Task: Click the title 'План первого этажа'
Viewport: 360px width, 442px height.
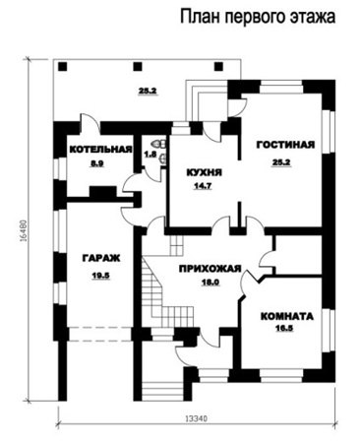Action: click(258, 17)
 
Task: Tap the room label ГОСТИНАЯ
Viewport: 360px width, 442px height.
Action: click(285, 145)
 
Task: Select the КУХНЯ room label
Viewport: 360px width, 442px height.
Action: click(204, 172)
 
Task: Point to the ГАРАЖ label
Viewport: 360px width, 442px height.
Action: click(101, 258)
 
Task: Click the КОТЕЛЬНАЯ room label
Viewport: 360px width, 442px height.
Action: click(101, 150)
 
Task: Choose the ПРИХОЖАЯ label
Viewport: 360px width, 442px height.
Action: click(210, 269)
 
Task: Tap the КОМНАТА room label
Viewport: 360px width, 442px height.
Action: click(287, 317)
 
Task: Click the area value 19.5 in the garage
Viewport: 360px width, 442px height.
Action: click(100, 276)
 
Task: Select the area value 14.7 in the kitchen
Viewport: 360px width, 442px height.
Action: click(203, 186)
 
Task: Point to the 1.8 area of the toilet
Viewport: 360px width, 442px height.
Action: click(150, 154)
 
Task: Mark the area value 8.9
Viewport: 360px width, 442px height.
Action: click(97, 163)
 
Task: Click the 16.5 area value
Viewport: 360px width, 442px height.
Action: click(284, 328)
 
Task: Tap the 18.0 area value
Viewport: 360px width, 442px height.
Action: click(210, 283)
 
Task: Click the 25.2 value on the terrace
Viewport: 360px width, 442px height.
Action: click(148, 92)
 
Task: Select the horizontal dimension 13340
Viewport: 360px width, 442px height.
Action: click(197, 418)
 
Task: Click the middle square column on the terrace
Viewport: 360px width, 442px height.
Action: click(138, 67)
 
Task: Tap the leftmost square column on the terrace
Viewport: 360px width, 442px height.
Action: click(63, 67)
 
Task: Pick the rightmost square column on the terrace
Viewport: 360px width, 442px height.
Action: click(218, 67)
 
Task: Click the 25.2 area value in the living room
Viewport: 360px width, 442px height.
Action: click(281, 162)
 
